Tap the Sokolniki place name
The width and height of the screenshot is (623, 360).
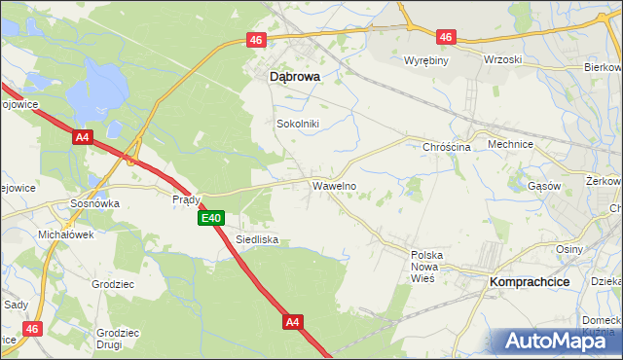click(298, 124)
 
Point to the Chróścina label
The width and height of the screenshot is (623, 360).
click(447, 147)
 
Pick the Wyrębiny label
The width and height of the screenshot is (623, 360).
click(425, 60)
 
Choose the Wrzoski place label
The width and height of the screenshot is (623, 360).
click(502, 59)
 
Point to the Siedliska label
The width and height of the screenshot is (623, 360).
click(258, 238)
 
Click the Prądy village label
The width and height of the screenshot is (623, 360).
click(186, 199)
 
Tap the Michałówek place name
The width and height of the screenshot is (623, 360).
click(64, 235)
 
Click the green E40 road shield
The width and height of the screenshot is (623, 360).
click(212, 219)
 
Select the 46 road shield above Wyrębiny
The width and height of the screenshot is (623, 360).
click(446, 37)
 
